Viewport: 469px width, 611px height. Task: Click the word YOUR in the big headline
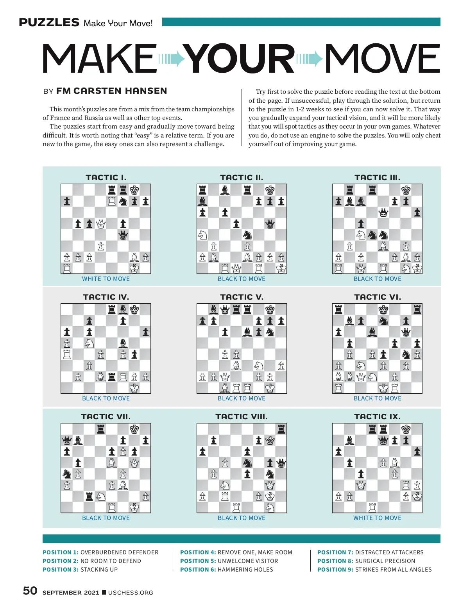coord(239,59)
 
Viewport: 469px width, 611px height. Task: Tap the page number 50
coord(30,591)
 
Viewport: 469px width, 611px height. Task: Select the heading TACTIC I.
coord(106,177)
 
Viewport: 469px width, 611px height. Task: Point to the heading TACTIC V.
coord(242,297)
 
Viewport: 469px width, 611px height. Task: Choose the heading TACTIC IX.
coord(377,416)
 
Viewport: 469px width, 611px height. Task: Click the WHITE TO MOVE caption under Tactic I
coord(106,279)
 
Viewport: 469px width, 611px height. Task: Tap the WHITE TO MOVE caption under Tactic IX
coord(377,518)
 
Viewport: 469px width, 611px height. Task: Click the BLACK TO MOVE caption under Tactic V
coord(242,398)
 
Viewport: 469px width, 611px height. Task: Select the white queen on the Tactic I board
coord(100,224)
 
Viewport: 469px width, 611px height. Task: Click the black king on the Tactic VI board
coord(383,310)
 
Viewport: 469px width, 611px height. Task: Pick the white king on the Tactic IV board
coord(134,388)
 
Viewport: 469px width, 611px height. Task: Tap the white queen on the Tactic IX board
coord(361,486)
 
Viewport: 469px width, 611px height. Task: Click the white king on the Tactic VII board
coord(134,507)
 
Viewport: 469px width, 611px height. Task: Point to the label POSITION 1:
coord(61,552)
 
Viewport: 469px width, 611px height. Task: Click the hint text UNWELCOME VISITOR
coord(248,561)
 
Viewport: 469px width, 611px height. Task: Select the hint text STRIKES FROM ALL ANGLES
coord(393,570)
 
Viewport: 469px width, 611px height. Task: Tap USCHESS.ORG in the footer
coord(131,593)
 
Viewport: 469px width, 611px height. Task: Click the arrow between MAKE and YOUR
coord(171,59)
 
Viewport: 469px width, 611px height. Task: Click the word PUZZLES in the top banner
coord(49,23)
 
